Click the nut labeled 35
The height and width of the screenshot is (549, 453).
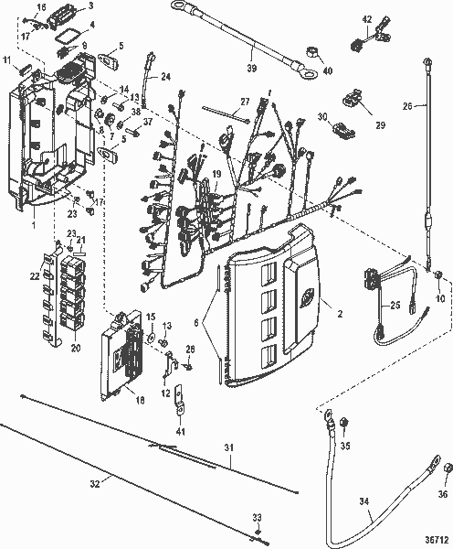[x=345, y=421]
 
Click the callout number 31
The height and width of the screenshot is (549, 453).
[x=230, y=446]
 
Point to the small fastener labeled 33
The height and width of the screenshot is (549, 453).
[x=258, y=532]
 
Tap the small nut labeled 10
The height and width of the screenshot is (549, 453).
[x=438, y=274]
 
